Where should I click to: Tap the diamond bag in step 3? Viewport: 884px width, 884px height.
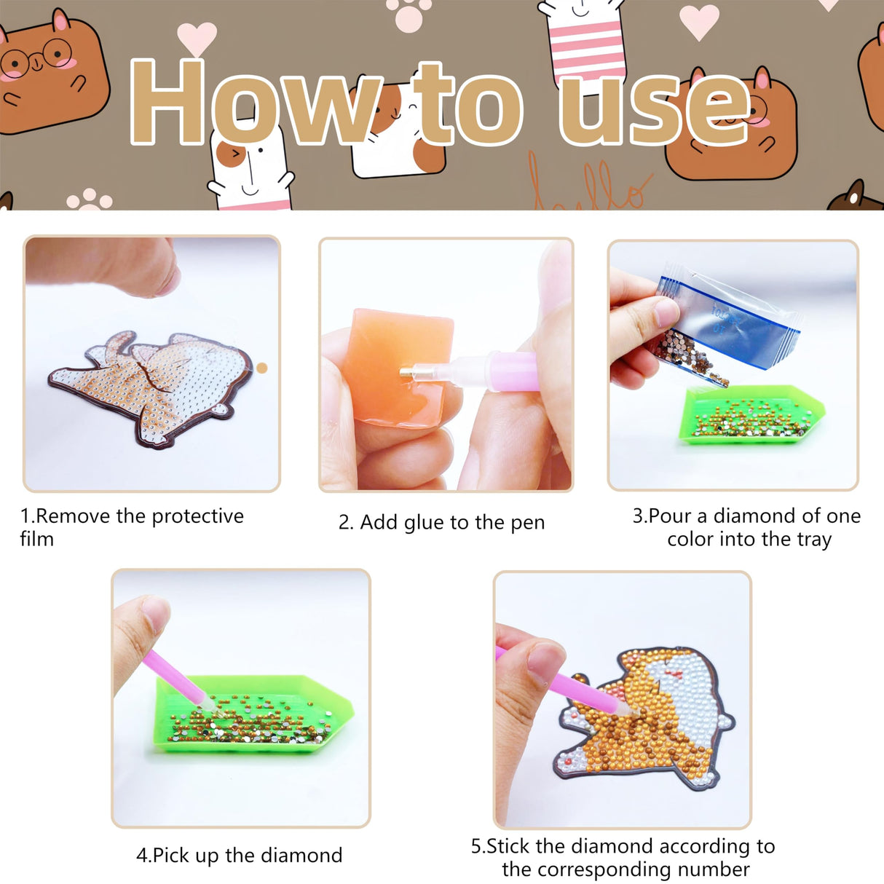[x=728, y=320]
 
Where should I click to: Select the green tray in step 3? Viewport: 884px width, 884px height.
[x=750, y=415]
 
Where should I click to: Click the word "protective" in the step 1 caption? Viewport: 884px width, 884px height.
[x=197, y=516]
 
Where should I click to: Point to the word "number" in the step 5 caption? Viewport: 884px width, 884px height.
[x=714, y=869]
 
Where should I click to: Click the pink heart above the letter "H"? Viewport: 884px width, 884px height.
[x=197, y=36]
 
